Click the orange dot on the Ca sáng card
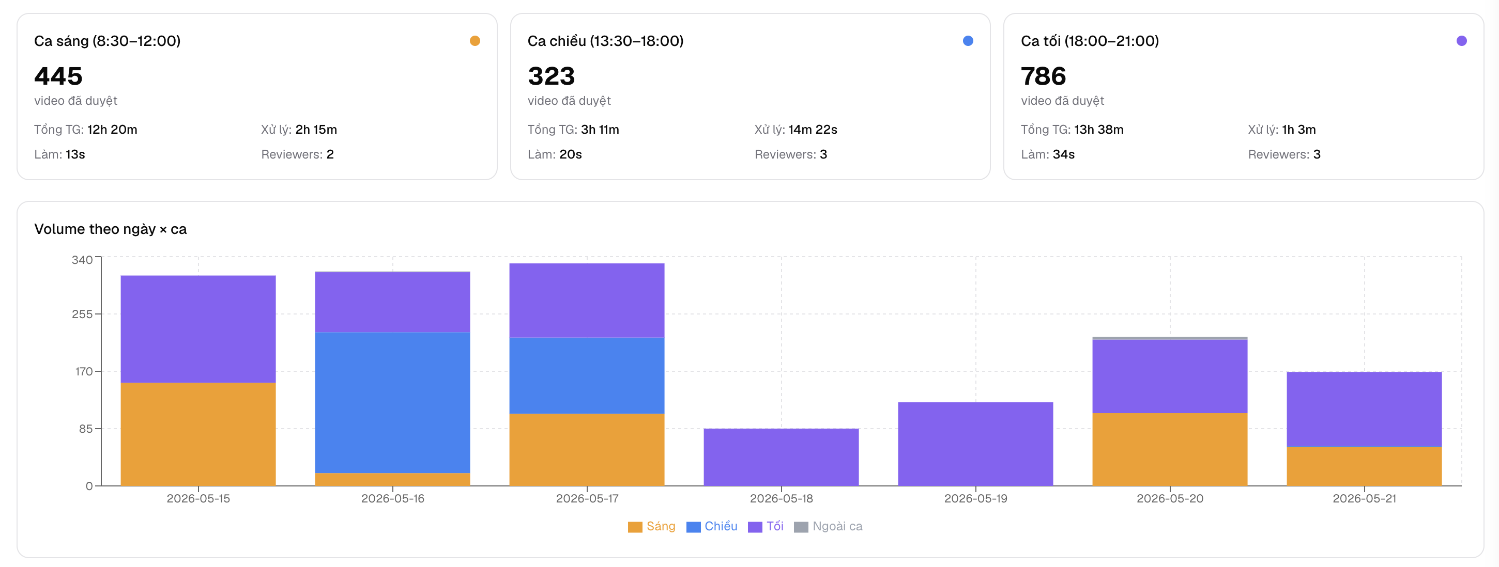[475, 41]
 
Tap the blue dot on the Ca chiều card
[968, 41]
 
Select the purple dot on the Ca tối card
[1461, 41]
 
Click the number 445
[58, 76]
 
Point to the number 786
[1044, 76]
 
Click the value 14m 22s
[813, 130]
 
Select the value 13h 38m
[1098, 130]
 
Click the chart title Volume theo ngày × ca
[111, 229]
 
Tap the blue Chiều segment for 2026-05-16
[392, 402]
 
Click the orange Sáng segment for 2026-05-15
[198, 434]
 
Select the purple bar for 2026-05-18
[781, 457]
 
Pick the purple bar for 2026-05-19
[975, 444]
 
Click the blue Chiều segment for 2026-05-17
[587, 375]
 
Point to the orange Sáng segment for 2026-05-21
[1364, 466]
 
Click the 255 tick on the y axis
[82, 314]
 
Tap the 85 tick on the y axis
[86, 429]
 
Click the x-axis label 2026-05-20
[1170, 498]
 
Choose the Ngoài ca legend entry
[828, 526]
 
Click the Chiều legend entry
[712, 526]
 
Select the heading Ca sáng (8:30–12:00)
[108, 41]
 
